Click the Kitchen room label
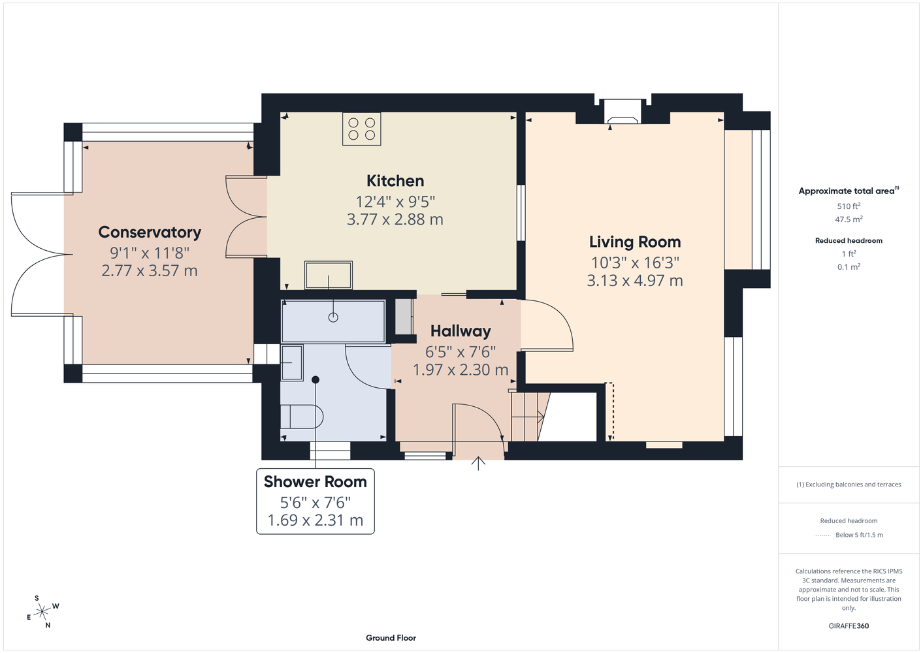point(395,181)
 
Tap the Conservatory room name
point(150,232)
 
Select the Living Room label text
point(635,242)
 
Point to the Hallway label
point(461,331)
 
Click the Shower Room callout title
point(316,482)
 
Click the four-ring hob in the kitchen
point(361,129)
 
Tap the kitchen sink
point(329,275)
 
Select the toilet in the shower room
point(302,417)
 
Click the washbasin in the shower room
point(292,362)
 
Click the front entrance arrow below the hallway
point(478,463)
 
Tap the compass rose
point(42,612)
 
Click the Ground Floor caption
point(391,638)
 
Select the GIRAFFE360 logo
point(849,626)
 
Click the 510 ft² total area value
point(849,206)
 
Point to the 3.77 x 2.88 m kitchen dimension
point(395,219)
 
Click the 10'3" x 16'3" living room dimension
point(635,263)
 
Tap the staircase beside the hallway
point(530,417)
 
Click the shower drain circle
point(333,317)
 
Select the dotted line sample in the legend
point(822,535)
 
